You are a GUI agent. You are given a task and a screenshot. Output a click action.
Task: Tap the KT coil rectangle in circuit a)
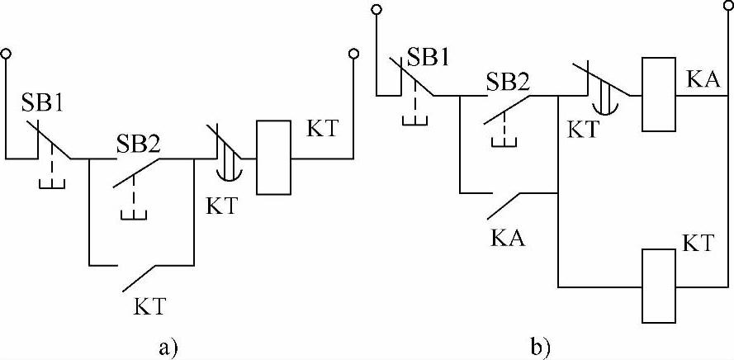(x=273, y=158)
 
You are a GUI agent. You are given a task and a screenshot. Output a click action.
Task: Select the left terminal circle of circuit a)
(x=6, y=54)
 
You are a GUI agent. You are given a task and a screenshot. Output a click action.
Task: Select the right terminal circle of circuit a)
(x=353, y=54)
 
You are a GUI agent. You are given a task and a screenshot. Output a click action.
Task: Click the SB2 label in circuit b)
(x=509, y=82)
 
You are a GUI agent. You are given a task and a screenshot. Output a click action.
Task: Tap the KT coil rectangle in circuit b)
(x=659, y=286)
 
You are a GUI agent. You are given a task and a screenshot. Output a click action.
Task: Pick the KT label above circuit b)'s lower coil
(x=700, y=241)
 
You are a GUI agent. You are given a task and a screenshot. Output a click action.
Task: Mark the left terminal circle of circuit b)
(x=376, y=10)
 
